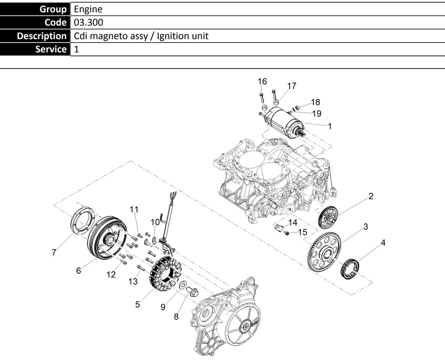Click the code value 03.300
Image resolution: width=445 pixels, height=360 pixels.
click(88, 22)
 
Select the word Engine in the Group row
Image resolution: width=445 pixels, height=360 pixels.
click(88, 9)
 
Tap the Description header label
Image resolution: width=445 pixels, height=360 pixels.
click(42, 36)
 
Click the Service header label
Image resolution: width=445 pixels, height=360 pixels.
click(51, 49)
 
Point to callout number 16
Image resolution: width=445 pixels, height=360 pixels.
click(262, 81)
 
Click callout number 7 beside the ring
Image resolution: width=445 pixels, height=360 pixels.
click(54, 252)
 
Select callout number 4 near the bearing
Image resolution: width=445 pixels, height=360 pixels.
click(383, 243)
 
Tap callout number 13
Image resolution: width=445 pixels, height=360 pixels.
click(133, 281)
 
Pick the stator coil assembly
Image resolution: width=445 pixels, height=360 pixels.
click(165, 274)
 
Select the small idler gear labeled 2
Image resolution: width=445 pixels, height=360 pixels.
click(328, 217)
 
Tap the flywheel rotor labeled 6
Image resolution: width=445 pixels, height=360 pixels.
click(107, 238)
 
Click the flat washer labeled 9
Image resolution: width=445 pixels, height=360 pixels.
click(183, 285)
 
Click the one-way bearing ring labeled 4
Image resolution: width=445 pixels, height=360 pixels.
click(350, 269)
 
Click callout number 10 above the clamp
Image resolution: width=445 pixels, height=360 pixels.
click(155, 222)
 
